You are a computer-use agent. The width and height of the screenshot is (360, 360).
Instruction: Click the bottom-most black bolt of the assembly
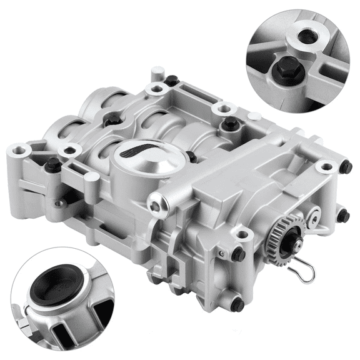(x=236, y=305)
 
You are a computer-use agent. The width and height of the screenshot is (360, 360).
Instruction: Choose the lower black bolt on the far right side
(x=342, y=216)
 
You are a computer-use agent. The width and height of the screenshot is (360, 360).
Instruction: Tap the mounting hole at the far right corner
(x=324, y=167)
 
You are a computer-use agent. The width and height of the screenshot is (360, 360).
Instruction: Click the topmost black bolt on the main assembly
(x=171, y=79)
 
